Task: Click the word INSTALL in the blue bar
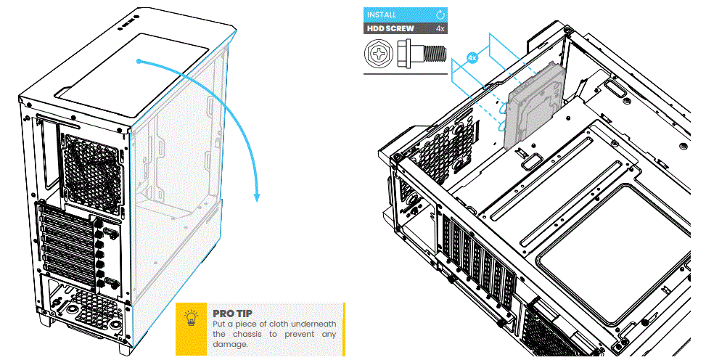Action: pyautogui.click(x=382, y=15)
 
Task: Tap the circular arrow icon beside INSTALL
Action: pyautogui.click(x=440, y=15)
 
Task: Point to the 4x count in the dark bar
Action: pyautogui.click(x=440, y=29)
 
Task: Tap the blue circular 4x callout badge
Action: pyautogui.click(x=472, y=57)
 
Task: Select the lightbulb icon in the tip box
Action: pyautogui.click(x=192, y=319)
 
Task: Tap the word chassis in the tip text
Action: pyautogui.click(x=245, y=334)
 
